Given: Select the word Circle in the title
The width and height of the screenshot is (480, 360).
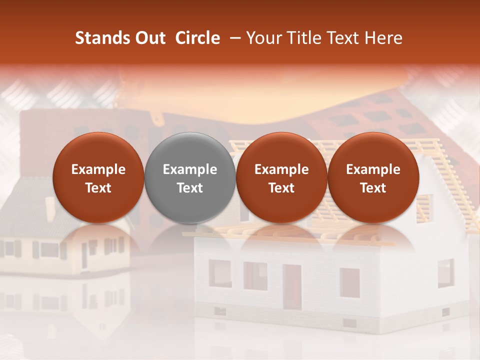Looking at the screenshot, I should [x=197, y=38].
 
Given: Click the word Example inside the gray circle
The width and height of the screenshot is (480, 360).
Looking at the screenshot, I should [x=190, y=169].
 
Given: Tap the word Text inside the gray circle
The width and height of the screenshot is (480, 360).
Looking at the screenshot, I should [x=190, y=188].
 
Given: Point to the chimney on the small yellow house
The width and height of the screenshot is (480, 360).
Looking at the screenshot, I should [x=50, y=208].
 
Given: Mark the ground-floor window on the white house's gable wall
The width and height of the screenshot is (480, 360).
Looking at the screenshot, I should [x=445, y=273].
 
